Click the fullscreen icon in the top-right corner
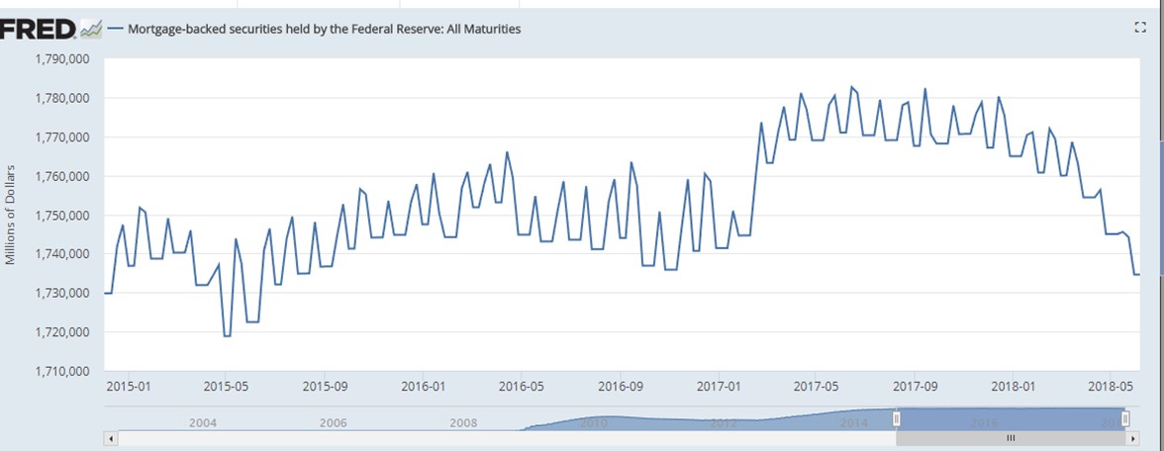pos(1138,29)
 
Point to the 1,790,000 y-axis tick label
pos(62,59)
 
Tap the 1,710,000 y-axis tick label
pos(62,372)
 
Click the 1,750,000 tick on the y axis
pos(62,216)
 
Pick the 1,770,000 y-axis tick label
pos(62,137)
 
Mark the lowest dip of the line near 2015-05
pos(227,336)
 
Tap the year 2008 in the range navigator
pos(463,422)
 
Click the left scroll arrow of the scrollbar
pos(111,437)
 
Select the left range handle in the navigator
pos(896,419)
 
